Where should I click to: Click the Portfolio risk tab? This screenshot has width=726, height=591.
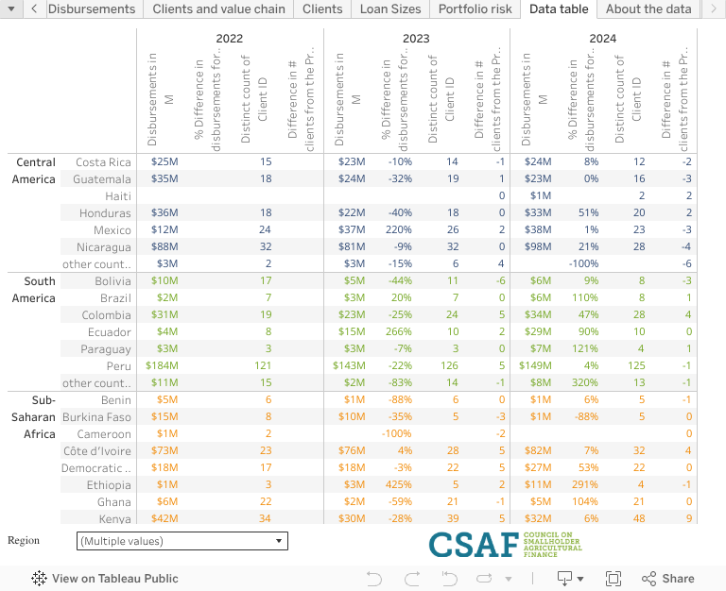pos(475,9)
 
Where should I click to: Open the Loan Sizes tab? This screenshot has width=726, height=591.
pos(389,9)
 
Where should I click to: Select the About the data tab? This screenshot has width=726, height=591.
pos(648,9)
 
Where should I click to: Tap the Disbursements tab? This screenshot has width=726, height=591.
pos(91,9)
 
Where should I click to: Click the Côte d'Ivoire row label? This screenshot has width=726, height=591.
pos(98,451)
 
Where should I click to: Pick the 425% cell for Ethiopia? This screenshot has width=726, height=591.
pos(397,485)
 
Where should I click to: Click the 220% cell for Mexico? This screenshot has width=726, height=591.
pos(397,230)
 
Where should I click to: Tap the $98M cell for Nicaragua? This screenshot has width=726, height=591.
pos(537,247)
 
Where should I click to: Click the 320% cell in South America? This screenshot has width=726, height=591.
pos(583,383)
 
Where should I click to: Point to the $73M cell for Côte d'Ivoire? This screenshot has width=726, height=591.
pos(164,451)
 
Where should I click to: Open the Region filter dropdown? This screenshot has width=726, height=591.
pos(181,541)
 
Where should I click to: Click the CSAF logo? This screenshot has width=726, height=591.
pos(506,545)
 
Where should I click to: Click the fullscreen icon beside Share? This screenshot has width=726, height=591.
pos(613,579)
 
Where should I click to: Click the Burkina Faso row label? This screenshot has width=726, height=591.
pos(96,417)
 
